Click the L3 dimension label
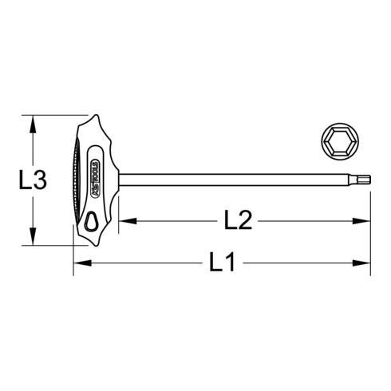tap(31, 182)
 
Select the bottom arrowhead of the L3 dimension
tap(31, 242)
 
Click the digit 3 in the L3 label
tap(39, 182)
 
